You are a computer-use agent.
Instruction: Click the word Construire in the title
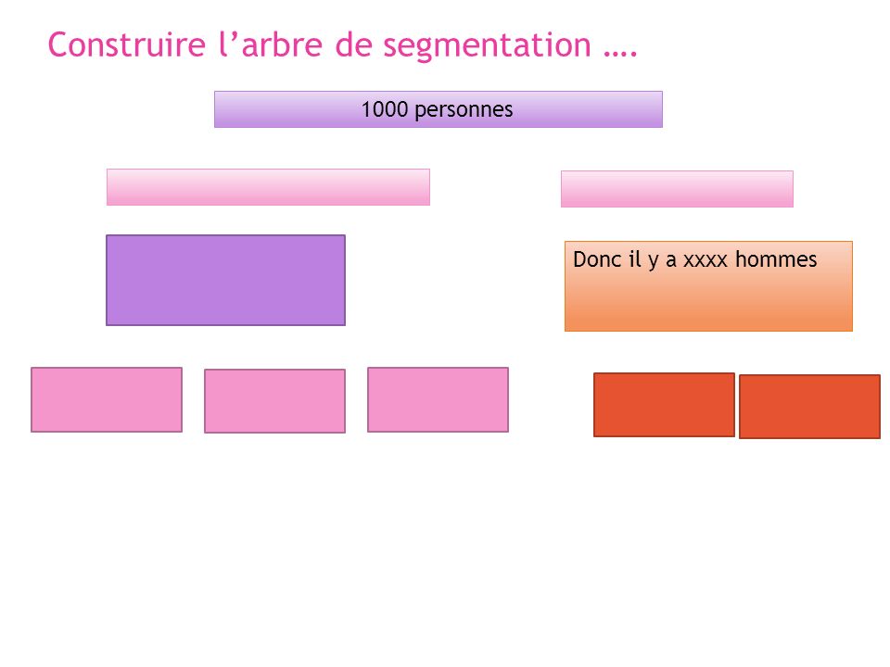(127, 44)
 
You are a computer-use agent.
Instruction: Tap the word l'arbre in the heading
(271, 44)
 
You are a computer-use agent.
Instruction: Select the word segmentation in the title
(487, 46)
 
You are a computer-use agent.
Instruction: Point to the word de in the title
(352, 44)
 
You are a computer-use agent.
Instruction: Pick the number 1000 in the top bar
(384, 109)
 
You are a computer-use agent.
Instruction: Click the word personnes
(464, 110)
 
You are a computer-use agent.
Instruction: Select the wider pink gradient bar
(268, 186)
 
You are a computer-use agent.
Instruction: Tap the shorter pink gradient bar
(677, 189)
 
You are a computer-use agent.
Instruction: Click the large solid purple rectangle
(225, 280)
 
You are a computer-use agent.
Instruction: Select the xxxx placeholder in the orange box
(705, 260)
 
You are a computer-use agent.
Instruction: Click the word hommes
(776, 259)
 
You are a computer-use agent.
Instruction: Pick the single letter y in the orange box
(654, 261)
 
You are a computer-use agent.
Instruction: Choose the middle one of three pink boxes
(274, 401)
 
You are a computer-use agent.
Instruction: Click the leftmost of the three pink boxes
(107, 399)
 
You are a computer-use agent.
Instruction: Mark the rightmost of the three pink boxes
(438, 399)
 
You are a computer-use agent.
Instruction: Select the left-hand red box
(664, 405)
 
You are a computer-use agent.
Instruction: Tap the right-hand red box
(809, 406)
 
